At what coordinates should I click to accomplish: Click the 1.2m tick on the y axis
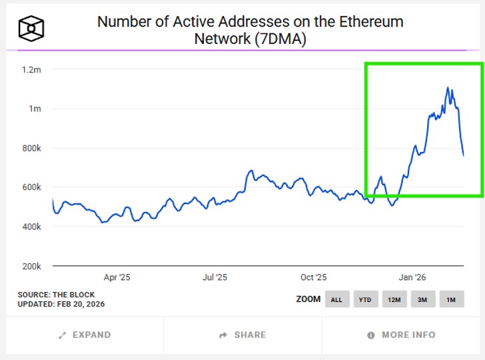pyautogui.click(x=31, y=69)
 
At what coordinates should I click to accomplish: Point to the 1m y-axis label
pyautogui.click(x=35, y=109)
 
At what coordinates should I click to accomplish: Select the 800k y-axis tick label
pyautogui.click(x=31, y=148)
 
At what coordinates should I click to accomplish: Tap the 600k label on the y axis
pyautogui.click(x=31, y=187)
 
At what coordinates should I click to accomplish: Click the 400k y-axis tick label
pyautogui.click(x=31, y=227)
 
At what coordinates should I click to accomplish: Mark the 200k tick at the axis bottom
pyautogui.click(x=31, y=266)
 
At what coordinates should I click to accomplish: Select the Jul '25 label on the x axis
pyautogui.click(x=214, y=277)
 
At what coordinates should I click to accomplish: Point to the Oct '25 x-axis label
pyautogui.click(x=313, y=277)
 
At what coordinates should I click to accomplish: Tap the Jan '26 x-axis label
pyautogui.click(x=412, y=277)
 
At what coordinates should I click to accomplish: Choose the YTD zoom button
pyautogui.click(x=365, y=299)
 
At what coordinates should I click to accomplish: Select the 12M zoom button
pyautogui.click(x=394, y=299)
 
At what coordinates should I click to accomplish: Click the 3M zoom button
pyautogui.click(x=422, y=299)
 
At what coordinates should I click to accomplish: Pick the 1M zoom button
pyautogui.click(x=451, y=299)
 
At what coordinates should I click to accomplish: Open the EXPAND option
pyautogui.click(x=85, y=335)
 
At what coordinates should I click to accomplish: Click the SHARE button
pyautogui.click(x=242, y=335)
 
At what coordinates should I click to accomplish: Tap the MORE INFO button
pyautogui.click(x=402, y=335)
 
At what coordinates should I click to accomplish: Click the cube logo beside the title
pyautogui.click(x=31, y=28)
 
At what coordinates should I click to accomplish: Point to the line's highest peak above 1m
pyautogui.click(x=448, y=87)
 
